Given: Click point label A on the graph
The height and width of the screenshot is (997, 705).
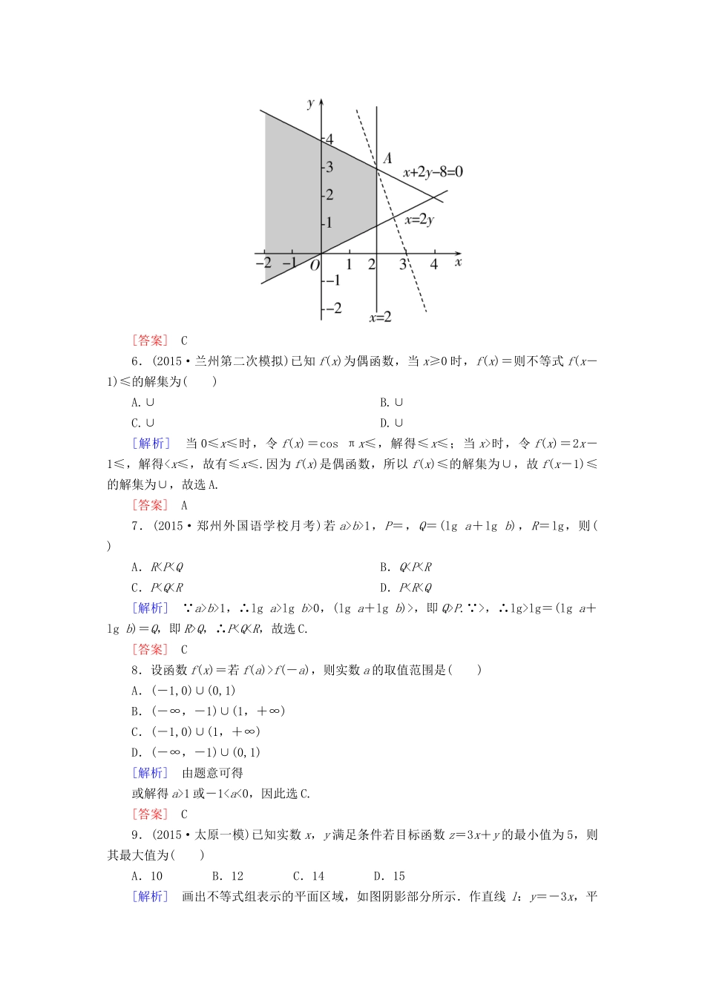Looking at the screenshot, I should [x=387, y=158].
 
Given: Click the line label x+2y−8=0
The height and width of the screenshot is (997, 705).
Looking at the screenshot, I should [x=433, y=172].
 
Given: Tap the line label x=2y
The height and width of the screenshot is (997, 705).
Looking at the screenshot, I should [x=419, y=220].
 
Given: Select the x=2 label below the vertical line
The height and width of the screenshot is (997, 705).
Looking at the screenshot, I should [x=380, y=317].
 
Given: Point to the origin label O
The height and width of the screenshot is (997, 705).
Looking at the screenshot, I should [x=315, y=265].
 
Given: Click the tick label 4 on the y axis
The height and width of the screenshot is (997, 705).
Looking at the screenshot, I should [x=329, y=139].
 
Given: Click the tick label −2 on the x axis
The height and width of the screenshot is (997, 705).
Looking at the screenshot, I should [x=263, y=263].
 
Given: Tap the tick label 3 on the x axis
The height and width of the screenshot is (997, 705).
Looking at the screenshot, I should [x=403, y=264].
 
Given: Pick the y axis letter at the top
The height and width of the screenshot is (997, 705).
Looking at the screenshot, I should [x=311, y=103].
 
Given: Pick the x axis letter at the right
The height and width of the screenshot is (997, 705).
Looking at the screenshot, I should [x=458, y=262].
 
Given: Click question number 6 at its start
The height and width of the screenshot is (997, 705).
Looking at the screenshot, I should [x=136, y=361].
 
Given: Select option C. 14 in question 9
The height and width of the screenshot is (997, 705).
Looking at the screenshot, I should [x=308, y=876].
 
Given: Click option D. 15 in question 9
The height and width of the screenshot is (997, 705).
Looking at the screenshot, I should [x=389, y=876].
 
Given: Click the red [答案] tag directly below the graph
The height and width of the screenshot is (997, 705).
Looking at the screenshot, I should [x=151, y=340].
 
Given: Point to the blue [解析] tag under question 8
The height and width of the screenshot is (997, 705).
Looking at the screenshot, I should [x=151, y=773].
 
